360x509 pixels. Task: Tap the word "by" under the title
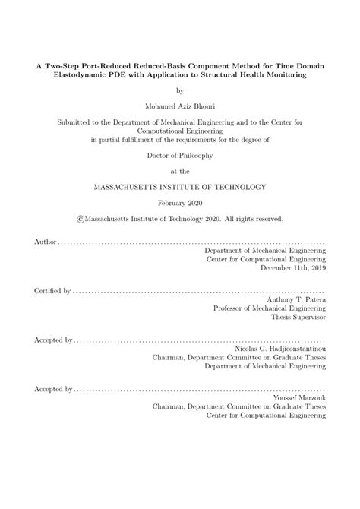[179, 90]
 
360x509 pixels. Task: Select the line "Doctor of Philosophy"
[179, 155]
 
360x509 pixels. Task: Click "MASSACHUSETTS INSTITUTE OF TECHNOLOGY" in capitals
[179, 185]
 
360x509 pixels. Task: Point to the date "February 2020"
[179, 203]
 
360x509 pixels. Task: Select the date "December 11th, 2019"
[293, 268]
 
